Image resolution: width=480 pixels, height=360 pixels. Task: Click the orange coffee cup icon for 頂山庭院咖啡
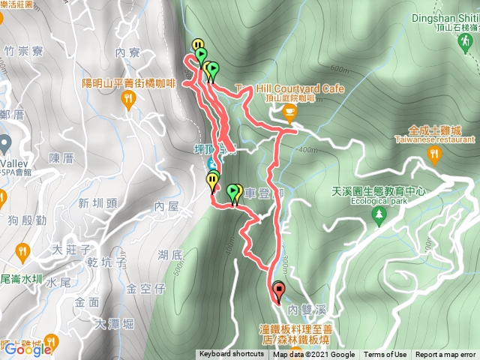click(x=290, y=112)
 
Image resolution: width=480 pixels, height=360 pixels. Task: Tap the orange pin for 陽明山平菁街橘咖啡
click(x=127, y=101)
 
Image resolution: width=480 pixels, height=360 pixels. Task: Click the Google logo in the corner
click(x=28, y=349)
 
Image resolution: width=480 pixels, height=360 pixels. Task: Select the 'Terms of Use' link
click(x=385, y=355)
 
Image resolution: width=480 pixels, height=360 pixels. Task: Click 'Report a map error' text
click(x=446, y=355)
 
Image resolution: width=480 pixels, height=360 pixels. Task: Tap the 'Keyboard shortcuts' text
click(x=231, y=355)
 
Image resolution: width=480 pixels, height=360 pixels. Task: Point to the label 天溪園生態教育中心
click(x=379, y=191)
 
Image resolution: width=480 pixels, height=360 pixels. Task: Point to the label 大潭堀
click(x=115, y=324)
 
